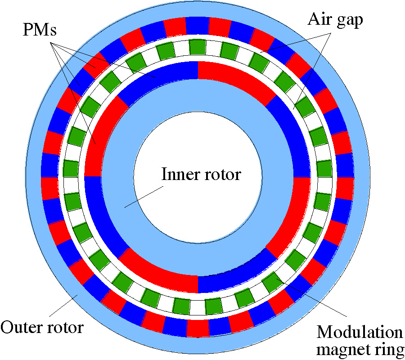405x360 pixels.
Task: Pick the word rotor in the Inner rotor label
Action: (221, 175)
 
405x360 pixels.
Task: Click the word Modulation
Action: (360, 333)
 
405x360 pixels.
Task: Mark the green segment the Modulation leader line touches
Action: (271, 281)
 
